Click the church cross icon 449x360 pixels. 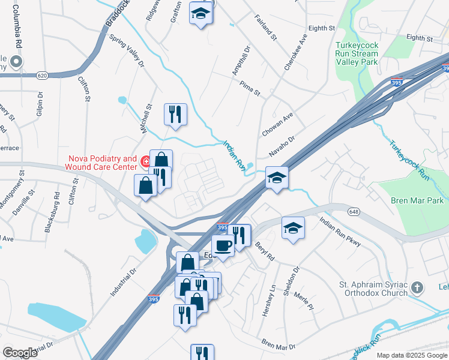click(x=418, y=289)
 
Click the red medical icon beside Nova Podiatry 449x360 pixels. click(x=145, y=161)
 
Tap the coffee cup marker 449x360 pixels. click(x=223, y=246)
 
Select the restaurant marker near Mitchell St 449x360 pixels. click(x=175, y=114)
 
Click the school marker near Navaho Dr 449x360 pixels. click(x=277, y=178)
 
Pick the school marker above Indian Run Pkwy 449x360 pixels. click(x=293, y=228)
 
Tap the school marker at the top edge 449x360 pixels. click(x=200, y=13)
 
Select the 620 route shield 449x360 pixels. click(x=41, y=75)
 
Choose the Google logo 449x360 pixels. click(x=20, y=353)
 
